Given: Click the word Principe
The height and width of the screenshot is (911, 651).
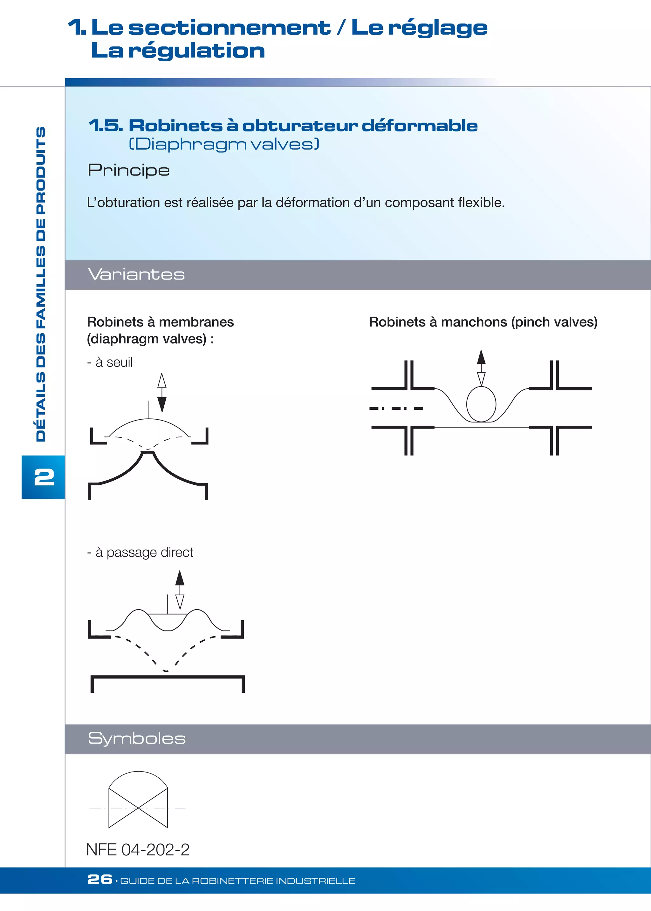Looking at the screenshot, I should [129, 171].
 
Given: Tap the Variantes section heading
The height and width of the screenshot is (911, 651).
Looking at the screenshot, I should [136, 274].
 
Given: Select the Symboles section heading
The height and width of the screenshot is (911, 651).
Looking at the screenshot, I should [136, 738].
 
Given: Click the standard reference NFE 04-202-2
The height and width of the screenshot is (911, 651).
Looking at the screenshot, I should [138, 849].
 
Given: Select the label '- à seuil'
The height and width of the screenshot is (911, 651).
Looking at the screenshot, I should [110, 362].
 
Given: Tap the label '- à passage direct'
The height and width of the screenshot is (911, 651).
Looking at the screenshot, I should [140, 552].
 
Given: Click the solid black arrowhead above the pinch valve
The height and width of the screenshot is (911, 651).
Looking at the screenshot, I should [481, 356].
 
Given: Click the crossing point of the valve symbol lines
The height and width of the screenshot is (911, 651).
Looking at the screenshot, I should [138, 808].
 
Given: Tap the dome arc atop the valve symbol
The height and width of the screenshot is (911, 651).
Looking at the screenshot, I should [138, 772].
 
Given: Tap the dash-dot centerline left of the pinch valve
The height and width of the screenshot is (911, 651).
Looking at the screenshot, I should [396, 408].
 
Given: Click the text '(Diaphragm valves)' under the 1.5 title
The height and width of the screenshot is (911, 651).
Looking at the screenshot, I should [224, 144].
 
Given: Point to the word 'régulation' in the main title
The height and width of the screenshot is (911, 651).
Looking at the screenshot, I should [196, 51].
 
